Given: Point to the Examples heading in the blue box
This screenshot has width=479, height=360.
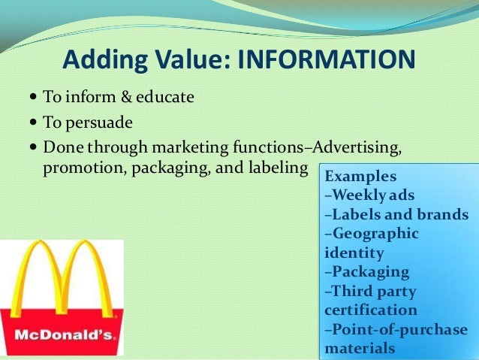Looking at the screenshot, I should [360, 177].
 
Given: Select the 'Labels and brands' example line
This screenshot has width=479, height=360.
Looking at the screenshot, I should [396, 215].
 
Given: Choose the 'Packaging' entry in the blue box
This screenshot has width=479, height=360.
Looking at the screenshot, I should [367, 272].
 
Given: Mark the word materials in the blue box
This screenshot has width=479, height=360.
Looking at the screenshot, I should [359, 349].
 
